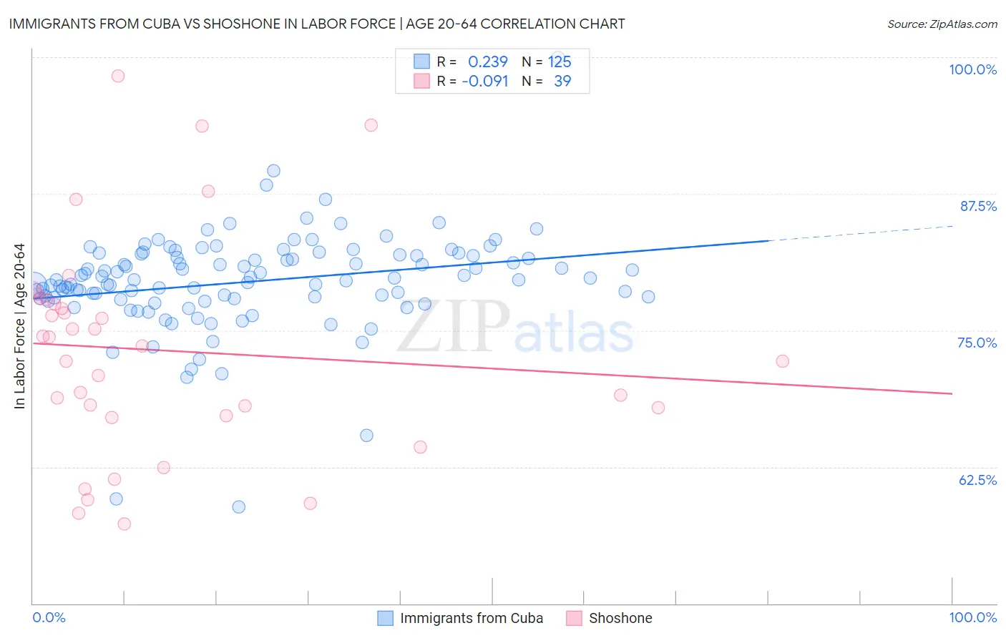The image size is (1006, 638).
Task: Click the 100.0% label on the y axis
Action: (972, 69)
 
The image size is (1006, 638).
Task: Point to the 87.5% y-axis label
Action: (978, 206)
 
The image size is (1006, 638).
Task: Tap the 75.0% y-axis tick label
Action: (977, 343)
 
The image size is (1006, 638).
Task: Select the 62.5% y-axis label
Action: (977, 480)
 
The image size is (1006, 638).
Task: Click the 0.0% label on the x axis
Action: (49, 617)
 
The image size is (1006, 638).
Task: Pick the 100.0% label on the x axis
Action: (972, 617)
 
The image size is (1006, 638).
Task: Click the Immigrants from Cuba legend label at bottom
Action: (471, 618)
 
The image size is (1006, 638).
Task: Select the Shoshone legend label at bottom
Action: (620, 618)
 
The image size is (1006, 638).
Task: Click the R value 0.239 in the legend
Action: (487, 62)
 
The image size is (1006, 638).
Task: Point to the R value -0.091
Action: (484, 81)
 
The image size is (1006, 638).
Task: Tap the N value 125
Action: (560, 62)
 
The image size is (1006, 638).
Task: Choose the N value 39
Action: (562, 81)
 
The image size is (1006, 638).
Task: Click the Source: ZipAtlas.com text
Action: (942, 24)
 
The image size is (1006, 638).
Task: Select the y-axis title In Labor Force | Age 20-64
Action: (19, 326)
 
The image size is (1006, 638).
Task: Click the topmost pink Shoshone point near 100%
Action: (118, 76)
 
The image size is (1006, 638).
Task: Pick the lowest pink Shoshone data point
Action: (124, 524)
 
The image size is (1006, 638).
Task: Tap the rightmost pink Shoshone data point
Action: (782, 361)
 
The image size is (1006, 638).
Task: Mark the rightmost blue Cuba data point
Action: (648, 297)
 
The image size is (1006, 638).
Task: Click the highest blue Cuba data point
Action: (273, 171)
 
